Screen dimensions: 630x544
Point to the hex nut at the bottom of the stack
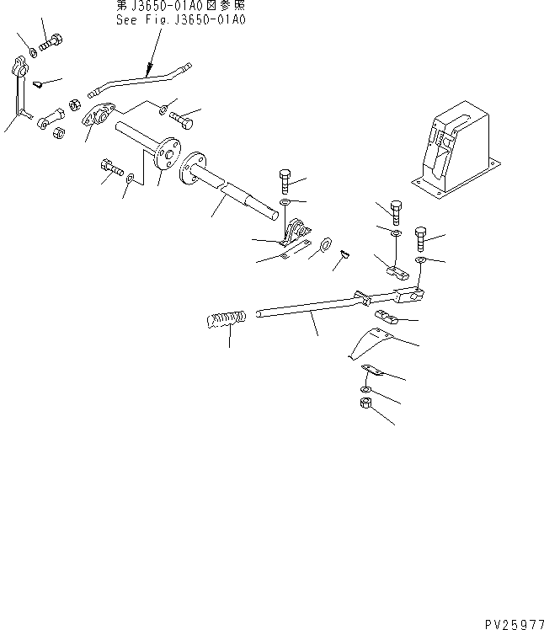click(x=367, y=406)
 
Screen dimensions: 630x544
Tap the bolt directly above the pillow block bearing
click(x=285, y=181)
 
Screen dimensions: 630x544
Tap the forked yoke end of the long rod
click(x=408, y=295)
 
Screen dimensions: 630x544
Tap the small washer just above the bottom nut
click(x=362, y=389)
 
